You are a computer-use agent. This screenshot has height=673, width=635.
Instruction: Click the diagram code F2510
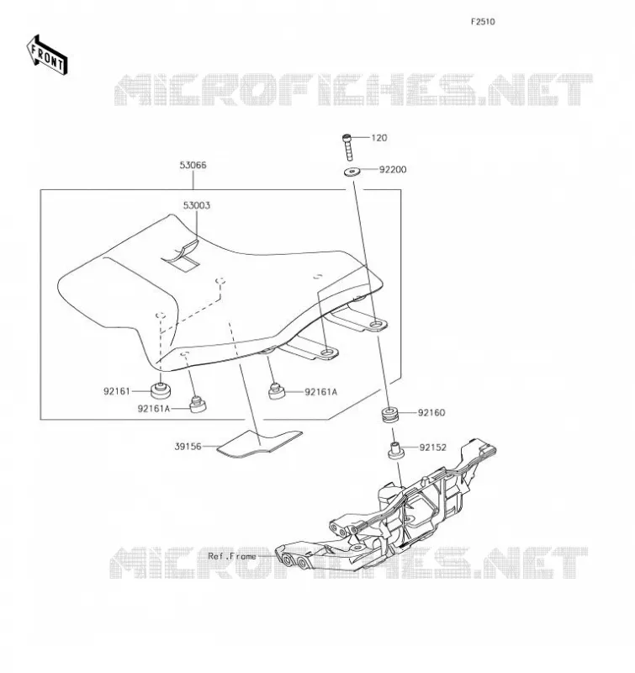click(483, 22)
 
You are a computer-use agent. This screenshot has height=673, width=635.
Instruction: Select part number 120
click(378, 138)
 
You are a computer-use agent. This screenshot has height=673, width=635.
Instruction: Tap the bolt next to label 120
click(347, 147)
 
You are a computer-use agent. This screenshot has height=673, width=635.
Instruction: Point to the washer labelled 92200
click(352, 172)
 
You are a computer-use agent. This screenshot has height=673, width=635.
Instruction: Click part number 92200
click(393, 170)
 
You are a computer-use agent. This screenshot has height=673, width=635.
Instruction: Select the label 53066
click(193, 165)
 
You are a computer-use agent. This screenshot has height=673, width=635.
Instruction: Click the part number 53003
click(197, 205)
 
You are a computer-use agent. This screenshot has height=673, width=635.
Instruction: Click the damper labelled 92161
click(161, 390)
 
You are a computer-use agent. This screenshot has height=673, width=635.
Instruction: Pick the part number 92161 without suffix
click(116, 391)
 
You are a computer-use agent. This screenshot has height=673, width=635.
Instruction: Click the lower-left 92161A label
click(154, 409)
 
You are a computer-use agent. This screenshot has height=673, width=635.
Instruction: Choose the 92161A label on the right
click(321, 392)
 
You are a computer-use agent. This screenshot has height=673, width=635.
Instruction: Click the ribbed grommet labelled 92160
click(390, 415)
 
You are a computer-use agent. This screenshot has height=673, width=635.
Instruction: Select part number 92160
click(431, 412)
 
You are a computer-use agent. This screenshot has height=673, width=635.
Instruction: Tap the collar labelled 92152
click(396, 450)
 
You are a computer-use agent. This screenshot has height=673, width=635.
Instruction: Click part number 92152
click(433, 448)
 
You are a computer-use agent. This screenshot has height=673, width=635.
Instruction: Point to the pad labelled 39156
click(260, 443)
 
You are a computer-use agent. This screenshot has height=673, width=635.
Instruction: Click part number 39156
click(188, 447)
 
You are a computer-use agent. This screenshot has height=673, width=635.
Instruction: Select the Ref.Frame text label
click(232, 556)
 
